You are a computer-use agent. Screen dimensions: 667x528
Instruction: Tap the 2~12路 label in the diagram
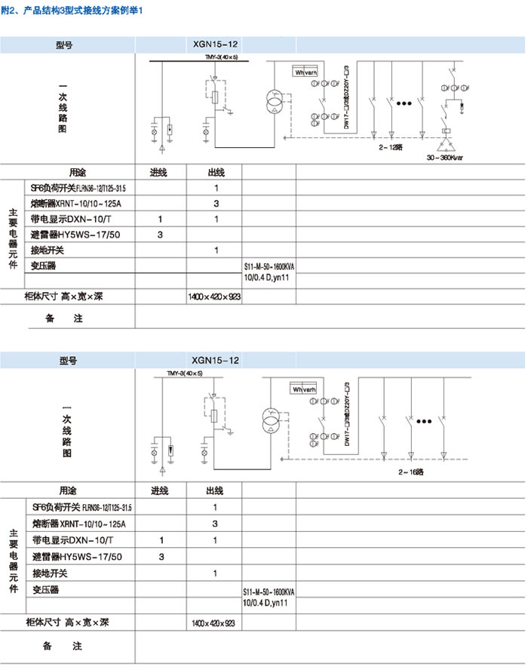[391, 149]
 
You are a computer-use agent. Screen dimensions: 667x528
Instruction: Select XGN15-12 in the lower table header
[215, 361]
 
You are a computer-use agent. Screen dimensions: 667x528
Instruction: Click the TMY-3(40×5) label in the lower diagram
[185, 374]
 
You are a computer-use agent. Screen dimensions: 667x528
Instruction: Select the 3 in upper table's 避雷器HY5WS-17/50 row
[161, 235]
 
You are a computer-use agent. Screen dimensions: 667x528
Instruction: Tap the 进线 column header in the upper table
[161, 172]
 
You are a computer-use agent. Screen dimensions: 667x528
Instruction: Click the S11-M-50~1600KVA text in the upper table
[269, 268]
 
